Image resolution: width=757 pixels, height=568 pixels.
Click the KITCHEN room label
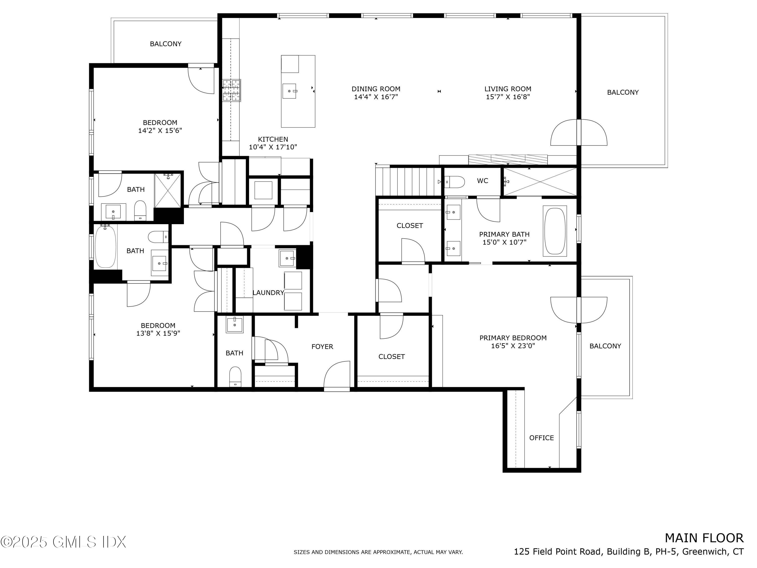pos(273,139)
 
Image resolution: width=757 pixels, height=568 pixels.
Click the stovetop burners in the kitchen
pos(232,90)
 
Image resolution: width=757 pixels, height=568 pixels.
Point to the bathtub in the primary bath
pos(554,231)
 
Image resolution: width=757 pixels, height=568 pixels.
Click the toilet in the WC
pos(454,182)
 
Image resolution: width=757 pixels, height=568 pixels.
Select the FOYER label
pos(322,347)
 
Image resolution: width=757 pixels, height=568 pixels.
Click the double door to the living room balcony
pos(579,133)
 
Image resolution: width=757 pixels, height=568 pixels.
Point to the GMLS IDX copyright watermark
pos(64,542)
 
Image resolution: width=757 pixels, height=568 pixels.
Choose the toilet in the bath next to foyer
pos(235,376)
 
